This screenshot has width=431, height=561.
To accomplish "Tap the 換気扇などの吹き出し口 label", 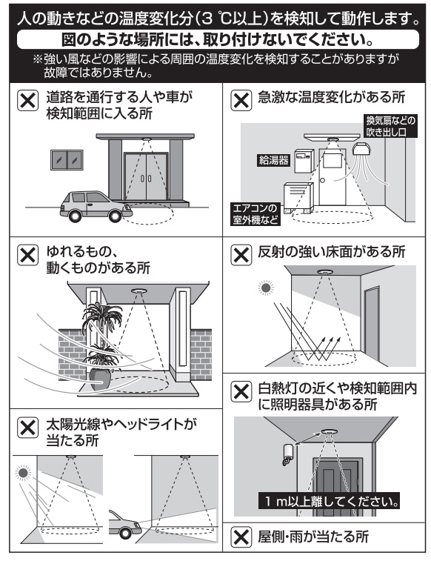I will click(391, 125).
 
